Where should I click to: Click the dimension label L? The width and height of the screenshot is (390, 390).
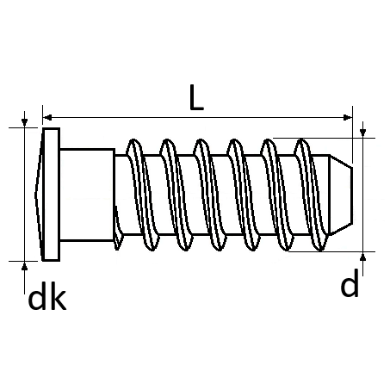click(x=196, y=97)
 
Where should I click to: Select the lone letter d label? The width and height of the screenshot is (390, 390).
click(x=350, y=283)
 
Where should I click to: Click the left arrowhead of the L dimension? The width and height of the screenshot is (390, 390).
click(x=47, y=117)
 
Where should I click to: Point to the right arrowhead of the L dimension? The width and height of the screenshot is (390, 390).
click(x=348, y=117)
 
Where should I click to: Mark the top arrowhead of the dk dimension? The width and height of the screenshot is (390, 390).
click(x=25, y=122)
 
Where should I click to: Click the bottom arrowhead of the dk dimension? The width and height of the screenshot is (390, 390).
click(x=25, y=266)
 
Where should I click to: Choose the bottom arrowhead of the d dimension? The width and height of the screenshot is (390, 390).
click(x=363, y=257)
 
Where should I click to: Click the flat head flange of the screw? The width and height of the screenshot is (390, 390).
click(x=52, y=195)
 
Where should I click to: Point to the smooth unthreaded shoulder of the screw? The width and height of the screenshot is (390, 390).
click(x=87, y=195)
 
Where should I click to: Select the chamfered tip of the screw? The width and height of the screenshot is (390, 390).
click(x=341, y=195)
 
